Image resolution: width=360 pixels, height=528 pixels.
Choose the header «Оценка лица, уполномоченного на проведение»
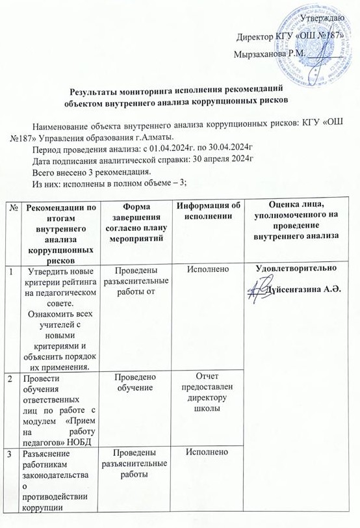pyautogui.click(x=300, y=222)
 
